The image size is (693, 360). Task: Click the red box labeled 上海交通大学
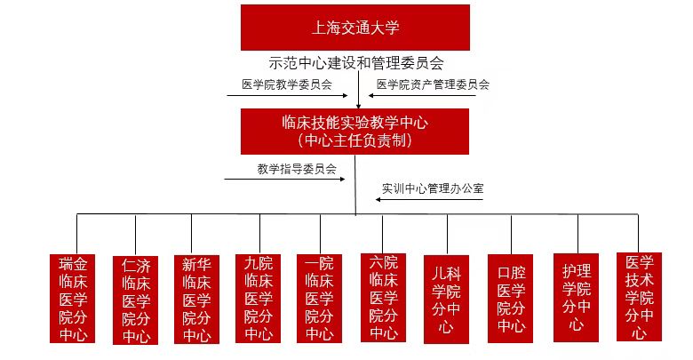click(x=354, y=28)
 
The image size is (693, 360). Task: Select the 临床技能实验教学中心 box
click(x=354, y=132)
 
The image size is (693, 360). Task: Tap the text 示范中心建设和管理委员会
click(x=356, y=63)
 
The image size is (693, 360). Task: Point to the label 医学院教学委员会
click(x=287, y=84)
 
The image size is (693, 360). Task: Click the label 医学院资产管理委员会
click(x=434, y=84)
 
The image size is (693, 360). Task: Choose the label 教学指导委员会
click(x=297, y=169)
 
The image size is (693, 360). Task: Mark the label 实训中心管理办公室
click(x=433, y=188)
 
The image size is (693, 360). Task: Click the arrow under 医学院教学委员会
click(x=287, y=95)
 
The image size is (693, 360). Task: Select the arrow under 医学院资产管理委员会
click(x=422, y=95)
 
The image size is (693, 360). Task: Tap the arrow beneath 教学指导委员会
click(x=284, y=180)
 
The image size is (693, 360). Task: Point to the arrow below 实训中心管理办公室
click(x=429, y=199)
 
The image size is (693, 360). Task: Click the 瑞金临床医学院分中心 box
click(x=72, y=299)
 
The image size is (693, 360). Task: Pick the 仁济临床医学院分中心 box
click(x=135, y=300)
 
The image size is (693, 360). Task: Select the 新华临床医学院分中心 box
click(x=196, y=300)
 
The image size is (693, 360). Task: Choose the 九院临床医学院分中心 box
click(x=259, y=299)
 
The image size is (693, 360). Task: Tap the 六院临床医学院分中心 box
click(x=383, y=298)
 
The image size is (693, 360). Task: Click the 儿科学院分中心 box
click(x=446, y=300)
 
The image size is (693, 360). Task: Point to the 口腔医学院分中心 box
click(x=511, y=299)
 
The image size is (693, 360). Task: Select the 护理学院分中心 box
click(x=576, y=298)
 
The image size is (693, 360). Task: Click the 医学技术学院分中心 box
click(x=639, y=297)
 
